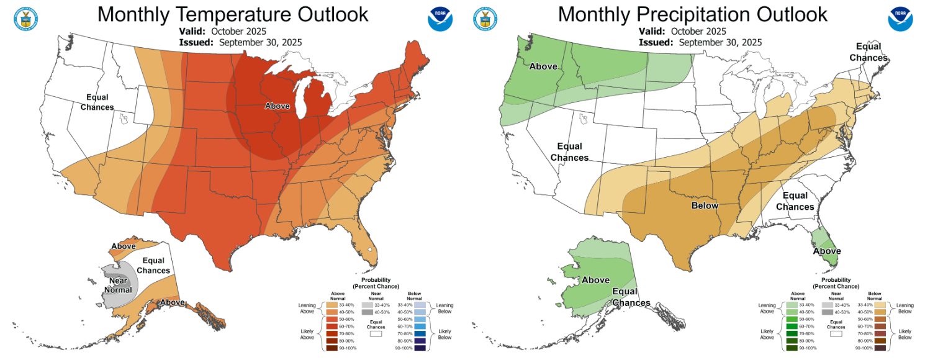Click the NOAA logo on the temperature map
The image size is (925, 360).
click(440, 19)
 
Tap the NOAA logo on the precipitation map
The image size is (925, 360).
click(900, 19)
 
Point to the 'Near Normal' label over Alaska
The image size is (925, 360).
click(118, 285)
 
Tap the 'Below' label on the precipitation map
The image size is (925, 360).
click(705, 205)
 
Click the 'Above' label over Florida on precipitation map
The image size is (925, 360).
click(827, 251)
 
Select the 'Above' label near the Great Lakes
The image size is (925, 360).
click(277, 106)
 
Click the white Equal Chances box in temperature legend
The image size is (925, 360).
click(374, 333)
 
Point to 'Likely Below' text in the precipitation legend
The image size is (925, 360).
click(905, 334)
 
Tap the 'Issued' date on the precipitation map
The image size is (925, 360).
click(720, 42)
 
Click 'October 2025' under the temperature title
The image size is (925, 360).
click(238, 31)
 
